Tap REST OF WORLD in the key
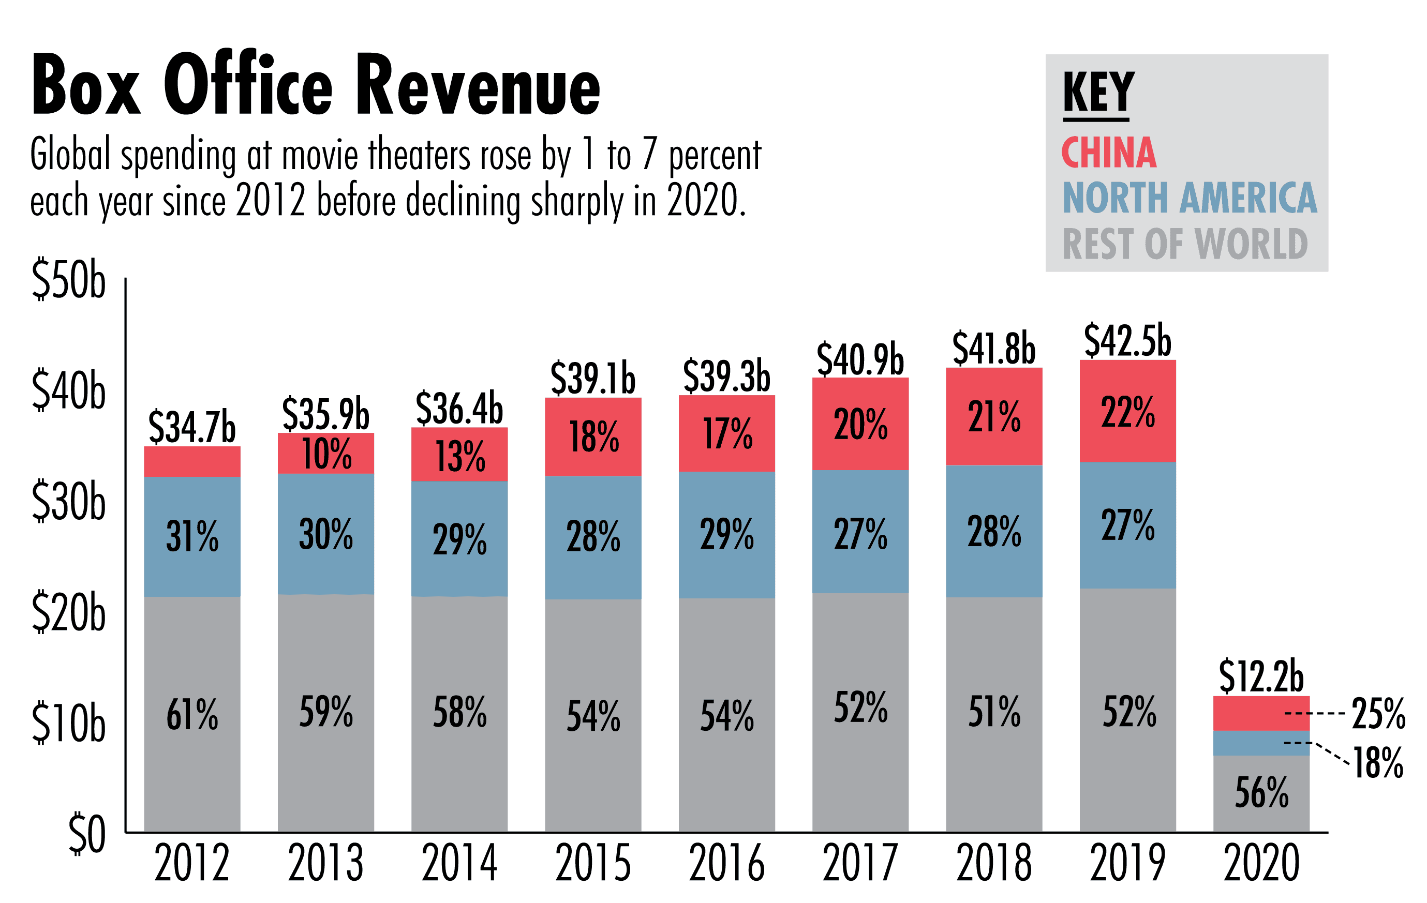coord(1185,244)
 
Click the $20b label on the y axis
coord(68,612)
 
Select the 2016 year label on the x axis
coord(726,863)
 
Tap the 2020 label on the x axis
coord(1261,863)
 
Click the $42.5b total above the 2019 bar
coord(1127,341)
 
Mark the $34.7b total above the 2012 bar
coord(191,426)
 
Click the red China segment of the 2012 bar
coord(192,461)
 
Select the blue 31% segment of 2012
coord(192,536)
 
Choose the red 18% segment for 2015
coord(592,437)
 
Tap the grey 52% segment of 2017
coord(860,711)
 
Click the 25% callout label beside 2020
coord(1378,713)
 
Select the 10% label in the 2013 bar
coord(326,454)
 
